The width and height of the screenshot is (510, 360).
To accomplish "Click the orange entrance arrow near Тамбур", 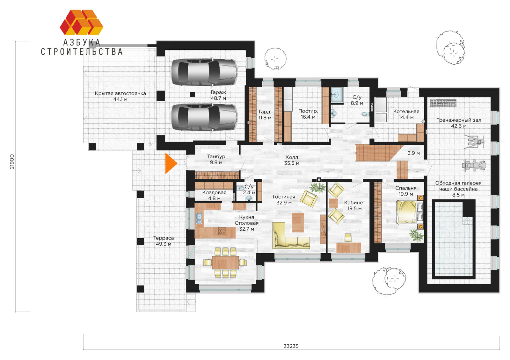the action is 170,164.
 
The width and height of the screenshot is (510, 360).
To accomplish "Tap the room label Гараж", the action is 218,92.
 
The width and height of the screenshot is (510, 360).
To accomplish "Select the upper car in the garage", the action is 204,72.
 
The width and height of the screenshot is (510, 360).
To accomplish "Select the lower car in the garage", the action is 204,118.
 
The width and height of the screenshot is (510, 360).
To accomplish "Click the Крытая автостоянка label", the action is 120,93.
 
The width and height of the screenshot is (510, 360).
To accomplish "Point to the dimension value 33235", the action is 291,346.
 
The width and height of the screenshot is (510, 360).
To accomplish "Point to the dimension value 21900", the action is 12,162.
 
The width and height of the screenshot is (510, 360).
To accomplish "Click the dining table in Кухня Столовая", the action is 225,263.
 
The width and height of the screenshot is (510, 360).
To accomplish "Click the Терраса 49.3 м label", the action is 164,241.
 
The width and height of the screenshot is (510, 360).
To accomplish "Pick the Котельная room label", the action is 406,112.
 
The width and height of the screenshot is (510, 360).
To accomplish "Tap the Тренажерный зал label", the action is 459,120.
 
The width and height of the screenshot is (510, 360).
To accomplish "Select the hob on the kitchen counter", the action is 222,231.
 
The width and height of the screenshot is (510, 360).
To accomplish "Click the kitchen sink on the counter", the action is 199,218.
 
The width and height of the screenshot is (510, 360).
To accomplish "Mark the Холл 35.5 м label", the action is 292,160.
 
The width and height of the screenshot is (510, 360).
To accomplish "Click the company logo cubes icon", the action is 82,22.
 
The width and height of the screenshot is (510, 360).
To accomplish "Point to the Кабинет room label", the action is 354,203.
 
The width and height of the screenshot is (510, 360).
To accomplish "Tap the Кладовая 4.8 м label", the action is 214,196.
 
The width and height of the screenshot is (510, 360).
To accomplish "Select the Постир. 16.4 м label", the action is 308,114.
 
